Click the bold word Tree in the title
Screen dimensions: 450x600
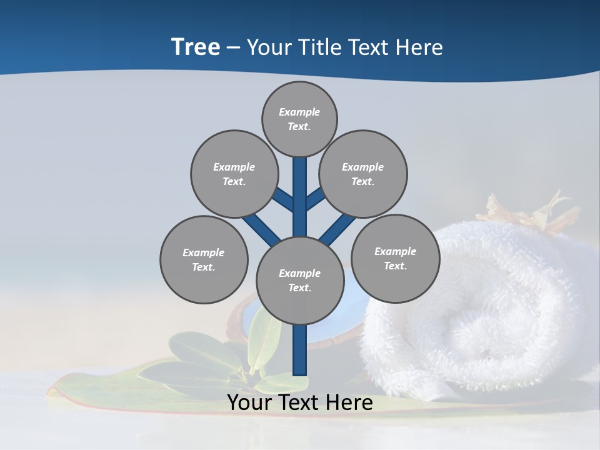[x=196, y=47]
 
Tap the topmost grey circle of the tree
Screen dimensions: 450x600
[x=299, y=119]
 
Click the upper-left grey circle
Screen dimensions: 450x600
[x=234, y=174]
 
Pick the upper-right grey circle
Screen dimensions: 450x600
[x=362, y=174]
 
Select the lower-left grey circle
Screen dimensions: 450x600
[x=204, y=259]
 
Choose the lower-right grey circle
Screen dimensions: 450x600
[x=395, y=257]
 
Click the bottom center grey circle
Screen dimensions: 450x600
[x=300, y=281]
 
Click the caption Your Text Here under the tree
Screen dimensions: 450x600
[x=300, y=402]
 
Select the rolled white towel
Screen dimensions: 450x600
[x=481, y=312]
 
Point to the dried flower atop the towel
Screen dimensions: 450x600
[x=531, y=212]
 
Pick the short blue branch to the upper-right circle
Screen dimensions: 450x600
[x=315, y=198]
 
